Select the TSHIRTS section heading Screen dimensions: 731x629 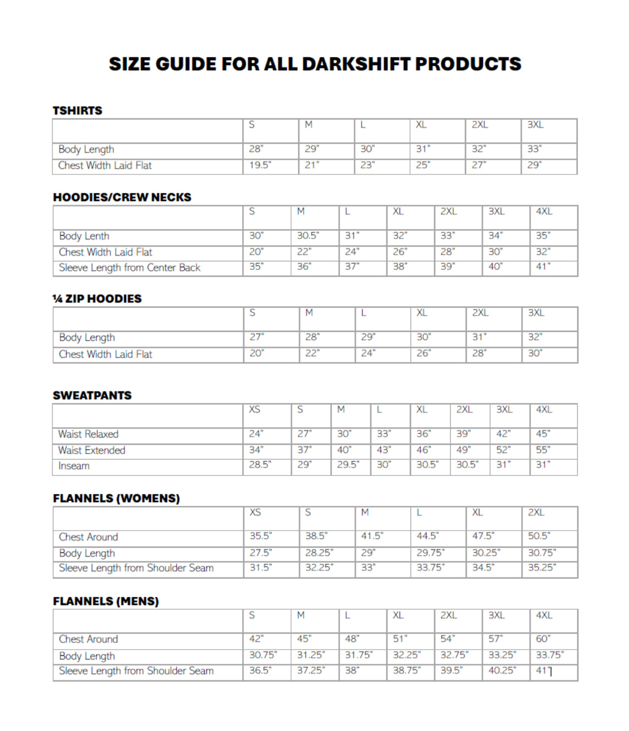[x=78, y=111]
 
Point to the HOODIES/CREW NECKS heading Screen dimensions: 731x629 [x=122, y=197]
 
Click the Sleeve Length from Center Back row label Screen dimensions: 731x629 [x=129, y=268]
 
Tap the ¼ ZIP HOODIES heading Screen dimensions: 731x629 [x=97, y=299]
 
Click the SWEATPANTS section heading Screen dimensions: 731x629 [x=92, y=395]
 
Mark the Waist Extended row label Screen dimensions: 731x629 [x=92, y=450]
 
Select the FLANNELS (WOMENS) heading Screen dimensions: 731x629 [x=116, y=498]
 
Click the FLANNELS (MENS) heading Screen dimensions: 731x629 [x=106, y=601]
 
